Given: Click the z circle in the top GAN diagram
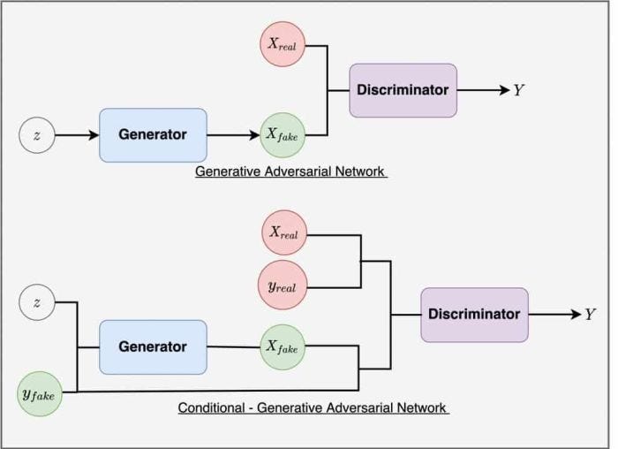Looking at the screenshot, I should [x=36, y=136].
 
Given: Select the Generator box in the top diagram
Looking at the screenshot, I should [x=153, y=135].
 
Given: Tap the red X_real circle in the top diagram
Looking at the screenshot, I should [x=283, y=44].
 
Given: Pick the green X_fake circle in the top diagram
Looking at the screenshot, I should [x=283, y=135].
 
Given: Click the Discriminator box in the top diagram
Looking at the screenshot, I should [x=403, y=90].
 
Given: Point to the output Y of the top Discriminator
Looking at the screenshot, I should [x=518, y=90].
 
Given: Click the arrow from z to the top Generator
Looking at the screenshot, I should [x=76, y=136].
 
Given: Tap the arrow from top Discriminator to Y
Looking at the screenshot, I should [x=481, y=90].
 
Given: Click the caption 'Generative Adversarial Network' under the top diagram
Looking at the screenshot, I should [x=291, y=171].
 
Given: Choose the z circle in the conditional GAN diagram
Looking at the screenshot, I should [x=36, y=302].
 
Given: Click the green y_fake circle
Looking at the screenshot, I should [x=38, y=395].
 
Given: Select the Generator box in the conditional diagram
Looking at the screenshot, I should [x=153, y=346].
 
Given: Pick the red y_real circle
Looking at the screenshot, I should [x=284, y=285].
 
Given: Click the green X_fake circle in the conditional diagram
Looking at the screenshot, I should [x=283, y=346].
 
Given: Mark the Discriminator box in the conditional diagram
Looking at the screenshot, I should [x=474, y=315].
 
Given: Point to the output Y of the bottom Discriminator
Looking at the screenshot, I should [x=590, y=315].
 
